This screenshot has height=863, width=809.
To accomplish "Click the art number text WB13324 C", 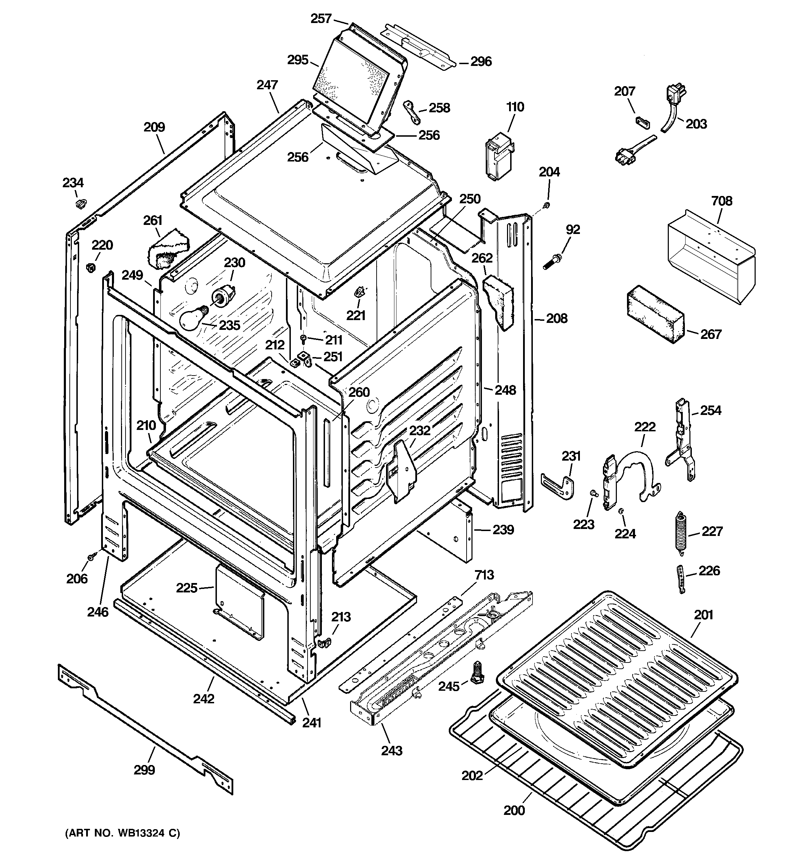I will (x=122, y=833).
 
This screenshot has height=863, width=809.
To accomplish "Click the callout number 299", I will (x=144, y=770).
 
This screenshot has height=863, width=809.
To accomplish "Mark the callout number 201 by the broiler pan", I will (x=703, y=615).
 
